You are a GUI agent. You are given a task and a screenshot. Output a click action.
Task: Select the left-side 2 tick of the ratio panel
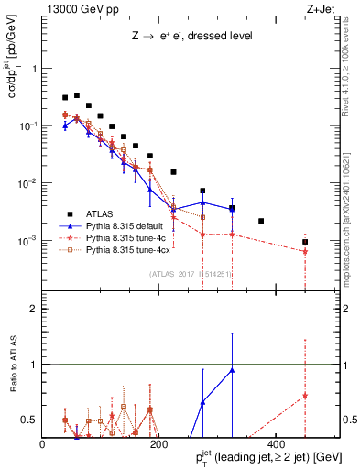pos(34,309)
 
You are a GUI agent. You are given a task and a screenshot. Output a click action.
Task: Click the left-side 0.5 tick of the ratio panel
pos(30,420)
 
